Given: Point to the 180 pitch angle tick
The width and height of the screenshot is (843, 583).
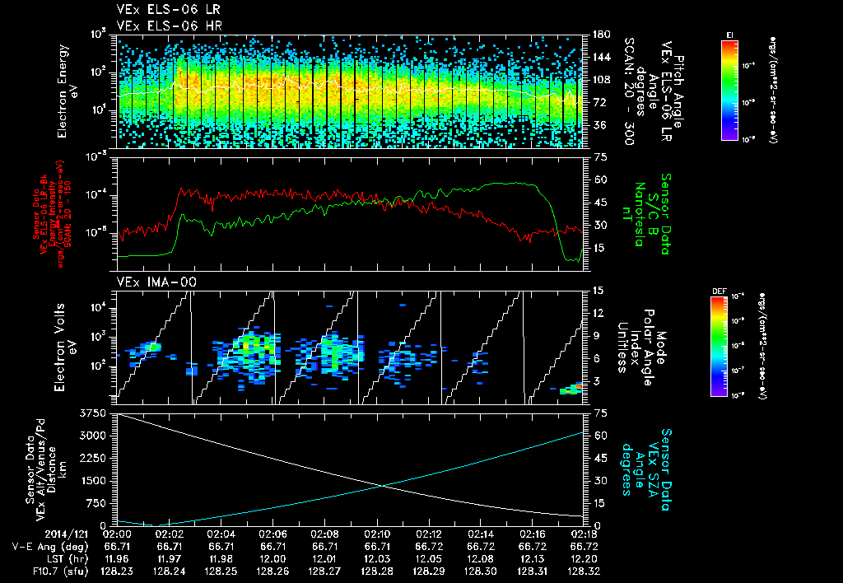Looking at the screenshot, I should [599, 35].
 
